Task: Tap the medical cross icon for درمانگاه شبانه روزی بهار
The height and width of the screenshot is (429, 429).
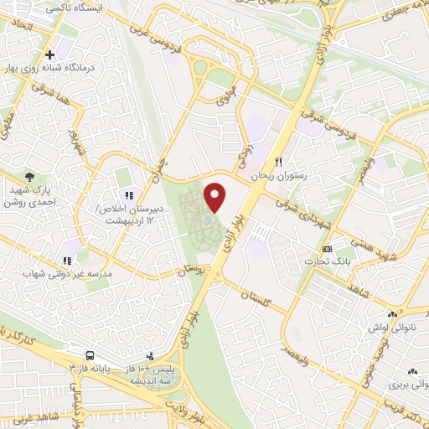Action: point(50,54)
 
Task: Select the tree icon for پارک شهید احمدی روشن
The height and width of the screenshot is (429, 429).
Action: point(31,177)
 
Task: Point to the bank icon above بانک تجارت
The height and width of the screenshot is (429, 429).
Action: point(328,249)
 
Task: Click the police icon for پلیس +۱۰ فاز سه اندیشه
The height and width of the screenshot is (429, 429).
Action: point(151,356)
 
